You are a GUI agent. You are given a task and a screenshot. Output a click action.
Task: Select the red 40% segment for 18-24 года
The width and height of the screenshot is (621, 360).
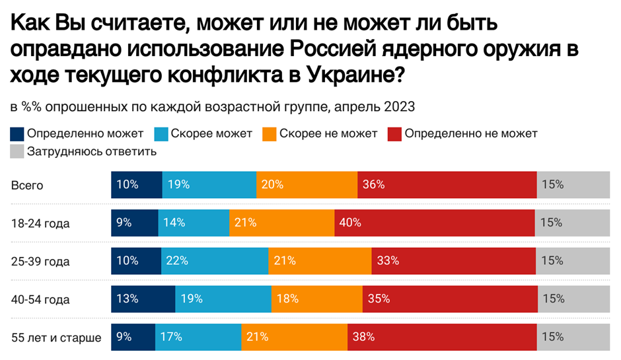pos(435,223)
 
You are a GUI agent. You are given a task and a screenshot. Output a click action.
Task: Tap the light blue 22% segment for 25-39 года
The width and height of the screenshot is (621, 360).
pos(215,260)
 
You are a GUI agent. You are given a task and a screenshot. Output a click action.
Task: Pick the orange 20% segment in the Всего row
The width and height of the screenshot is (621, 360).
pos(307,184)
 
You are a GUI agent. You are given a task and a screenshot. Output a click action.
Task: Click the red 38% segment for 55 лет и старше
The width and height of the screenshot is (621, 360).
pos(442,336)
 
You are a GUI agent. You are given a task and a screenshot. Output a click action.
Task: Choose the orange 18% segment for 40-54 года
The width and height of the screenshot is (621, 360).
pos(317,299)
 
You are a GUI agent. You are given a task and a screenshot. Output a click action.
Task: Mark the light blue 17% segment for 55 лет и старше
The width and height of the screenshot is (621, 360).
pos(198,336)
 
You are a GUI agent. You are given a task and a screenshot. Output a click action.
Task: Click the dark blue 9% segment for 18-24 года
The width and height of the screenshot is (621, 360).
pos(135,223)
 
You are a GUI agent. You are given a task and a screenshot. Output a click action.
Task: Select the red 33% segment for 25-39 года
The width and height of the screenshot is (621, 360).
pos(454,260)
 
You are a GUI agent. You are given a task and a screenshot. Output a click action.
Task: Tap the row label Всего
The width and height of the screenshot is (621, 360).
pos(27,186)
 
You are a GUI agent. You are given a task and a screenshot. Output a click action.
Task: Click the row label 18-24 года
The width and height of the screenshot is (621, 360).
pos(40,223)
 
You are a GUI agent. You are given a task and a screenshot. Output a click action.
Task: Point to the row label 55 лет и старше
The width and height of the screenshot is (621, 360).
pos(56,338)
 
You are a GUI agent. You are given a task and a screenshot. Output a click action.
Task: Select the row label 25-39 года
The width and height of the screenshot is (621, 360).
pos(40,262)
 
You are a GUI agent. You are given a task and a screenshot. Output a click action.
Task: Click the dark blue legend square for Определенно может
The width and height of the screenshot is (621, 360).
pos(17,133)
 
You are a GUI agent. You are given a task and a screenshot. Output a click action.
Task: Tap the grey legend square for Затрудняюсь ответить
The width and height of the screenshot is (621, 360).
pos(17,151)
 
